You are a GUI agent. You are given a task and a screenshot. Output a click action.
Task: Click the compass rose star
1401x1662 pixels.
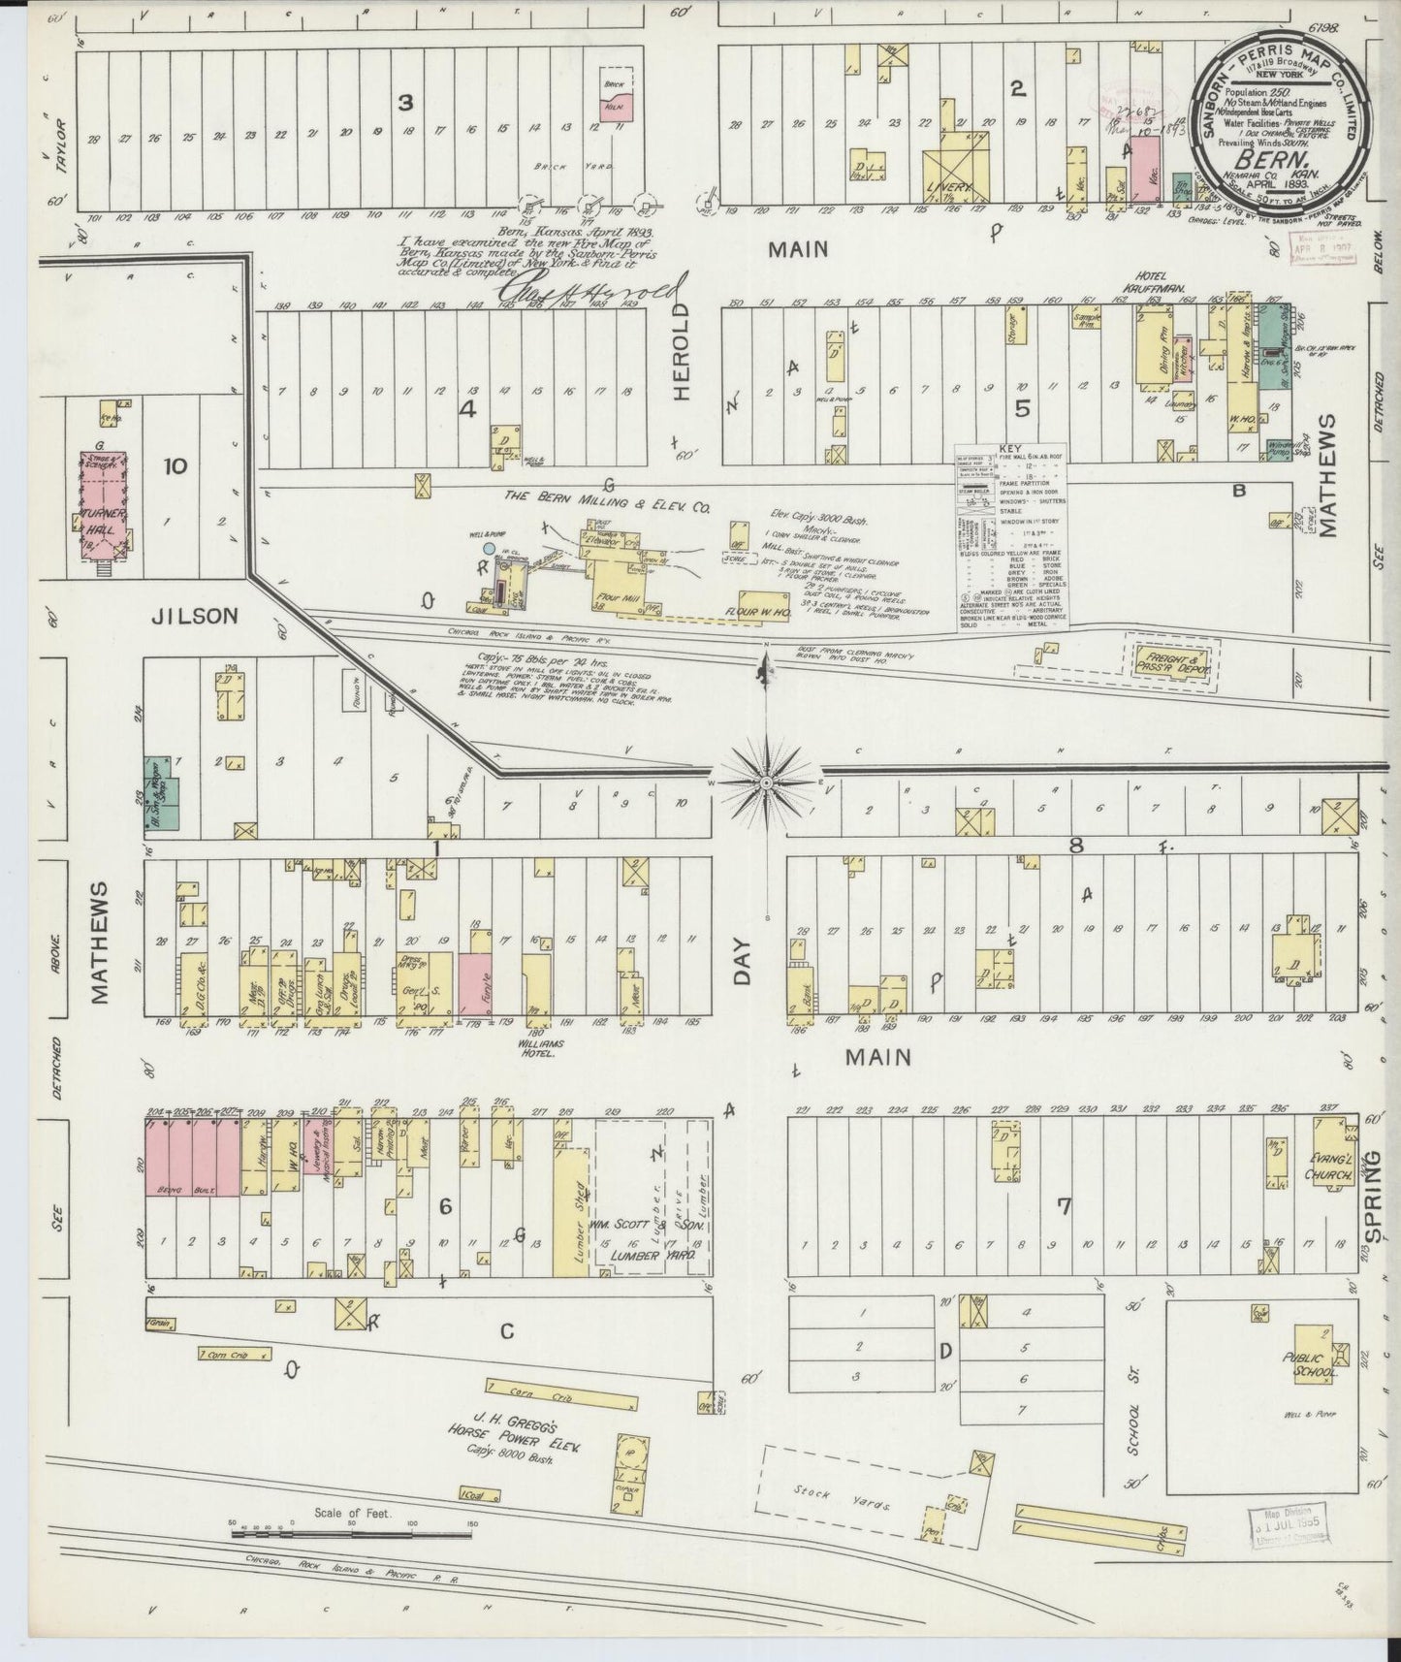pos(766,782)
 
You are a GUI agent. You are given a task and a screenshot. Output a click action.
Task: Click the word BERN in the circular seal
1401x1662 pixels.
pos(1282,154)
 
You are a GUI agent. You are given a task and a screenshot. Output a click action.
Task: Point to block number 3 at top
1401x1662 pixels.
pos(407,101)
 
